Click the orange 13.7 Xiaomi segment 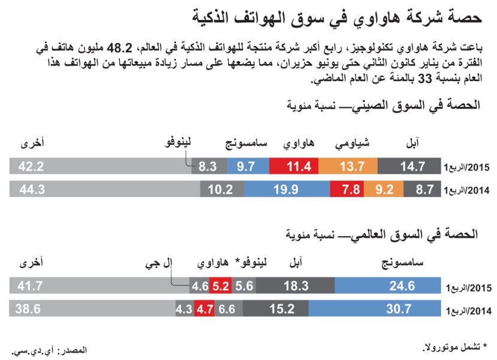tap(348, 167)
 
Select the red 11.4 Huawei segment tap(294, 167)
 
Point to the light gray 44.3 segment tap(105, 189)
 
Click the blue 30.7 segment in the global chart tap(387, 310)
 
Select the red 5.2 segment tap(221, 286)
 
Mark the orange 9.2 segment tap(383, 189)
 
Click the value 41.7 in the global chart tap(31, 286)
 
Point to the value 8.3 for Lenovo tap(207, 167)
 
